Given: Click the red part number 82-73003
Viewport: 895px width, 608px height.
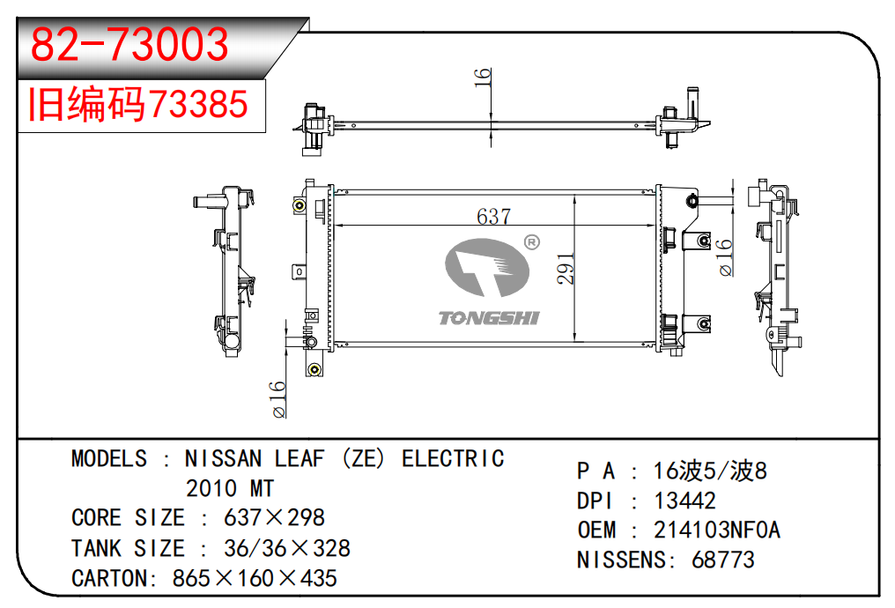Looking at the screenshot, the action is (129, 44).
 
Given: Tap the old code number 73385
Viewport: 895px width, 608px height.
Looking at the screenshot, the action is (198, 104).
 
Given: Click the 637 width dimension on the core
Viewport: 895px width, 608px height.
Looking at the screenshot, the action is (493, 217).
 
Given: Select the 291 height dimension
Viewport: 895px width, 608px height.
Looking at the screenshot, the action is (565, 269).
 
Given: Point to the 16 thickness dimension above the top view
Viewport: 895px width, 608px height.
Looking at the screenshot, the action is (483, 77).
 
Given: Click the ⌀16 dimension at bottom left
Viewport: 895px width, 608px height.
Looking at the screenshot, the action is (278, 400).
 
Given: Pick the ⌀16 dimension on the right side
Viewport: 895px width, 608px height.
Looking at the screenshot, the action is (724, 257).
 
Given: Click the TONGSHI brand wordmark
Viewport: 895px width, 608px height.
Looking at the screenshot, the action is (489, 317).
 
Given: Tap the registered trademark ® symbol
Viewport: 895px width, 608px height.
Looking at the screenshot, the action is (531, 242).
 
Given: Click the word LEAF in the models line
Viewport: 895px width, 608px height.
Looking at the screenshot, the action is (300, 458).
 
